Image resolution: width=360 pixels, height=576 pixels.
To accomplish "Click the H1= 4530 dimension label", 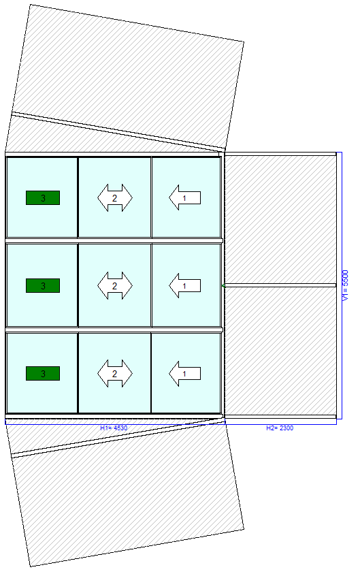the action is point(114,428).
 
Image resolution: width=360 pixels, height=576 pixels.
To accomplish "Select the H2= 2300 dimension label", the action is point(280,428).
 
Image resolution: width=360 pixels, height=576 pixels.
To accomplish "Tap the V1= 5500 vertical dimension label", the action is point(345,286).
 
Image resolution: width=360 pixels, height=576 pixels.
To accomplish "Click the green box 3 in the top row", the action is point(43,197).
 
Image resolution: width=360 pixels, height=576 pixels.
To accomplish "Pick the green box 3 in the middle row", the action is point(43,285).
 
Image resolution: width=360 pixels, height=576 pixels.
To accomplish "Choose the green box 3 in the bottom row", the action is point(43,373).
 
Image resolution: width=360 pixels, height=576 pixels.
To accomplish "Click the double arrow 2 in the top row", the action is point(114,197).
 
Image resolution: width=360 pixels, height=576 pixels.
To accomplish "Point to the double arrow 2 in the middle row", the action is point(114,285).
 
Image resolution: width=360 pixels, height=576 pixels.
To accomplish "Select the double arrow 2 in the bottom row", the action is point(114,373).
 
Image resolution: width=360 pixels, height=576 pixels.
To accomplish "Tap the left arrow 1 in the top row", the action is point(184,197).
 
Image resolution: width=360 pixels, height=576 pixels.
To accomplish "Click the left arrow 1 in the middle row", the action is point(184,285).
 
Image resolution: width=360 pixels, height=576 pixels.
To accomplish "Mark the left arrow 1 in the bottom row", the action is point(184,373).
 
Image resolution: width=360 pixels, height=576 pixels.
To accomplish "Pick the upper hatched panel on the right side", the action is point(280,219).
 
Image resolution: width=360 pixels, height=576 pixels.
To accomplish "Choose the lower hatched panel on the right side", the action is point(280,351).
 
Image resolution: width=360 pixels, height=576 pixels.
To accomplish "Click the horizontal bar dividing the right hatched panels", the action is point(280,285).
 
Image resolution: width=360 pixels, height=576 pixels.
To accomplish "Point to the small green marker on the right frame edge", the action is point(223,285).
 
